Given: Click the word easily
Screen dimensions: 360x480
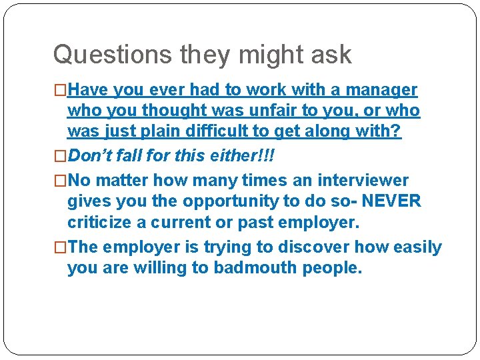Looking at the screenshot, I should click(x=416, y=247).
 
